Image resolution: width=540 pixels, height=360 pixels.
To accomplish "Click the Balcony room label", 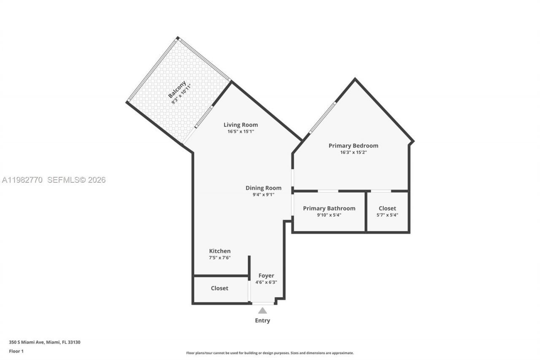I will (177, 89).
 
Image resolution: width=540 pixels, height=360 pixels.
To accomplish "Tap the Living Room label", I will (240, 125).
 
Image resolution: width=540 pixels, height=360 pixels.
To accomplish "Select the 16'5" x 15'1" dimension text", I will (240, 132).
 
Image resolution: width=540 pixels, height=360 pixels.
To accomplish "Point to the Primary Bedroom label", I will (353, 146).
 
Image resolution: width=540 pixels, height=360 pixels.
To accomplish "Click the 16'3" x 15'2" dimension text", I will (353, 152).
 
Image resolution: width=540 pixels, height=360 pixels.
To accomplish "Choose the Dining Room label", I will (263, 188).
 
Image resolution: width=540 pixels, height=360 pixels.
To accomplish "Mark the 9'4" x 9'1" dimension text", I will (263, 195).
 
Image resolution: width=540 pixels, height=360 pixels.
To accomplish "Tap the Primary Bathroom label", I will (329, 208).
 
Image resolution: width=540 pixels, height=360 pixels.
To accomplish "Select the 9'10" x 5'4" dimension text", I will (329, 215).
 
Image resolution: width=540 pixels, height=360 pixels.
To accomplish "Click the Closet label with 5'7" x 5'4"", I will (387, 208).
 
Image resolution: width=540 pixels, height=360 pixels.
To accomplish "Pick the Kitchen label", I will (220, 251).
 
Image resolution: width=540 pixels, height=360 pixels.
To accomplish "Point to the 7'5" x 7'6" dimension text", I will (220, 258).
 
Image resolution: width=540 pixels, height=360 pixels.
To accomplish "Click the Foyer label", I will (266, 276).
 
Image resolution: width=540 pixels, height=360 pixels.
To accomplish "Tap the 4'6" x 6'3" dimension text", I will (266, 283).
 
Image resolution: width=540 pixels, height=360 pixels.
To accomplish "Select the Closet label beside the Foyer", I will (219, 288).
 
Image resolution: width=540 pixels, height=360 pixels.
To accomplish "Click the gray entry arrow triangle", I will (262, 311).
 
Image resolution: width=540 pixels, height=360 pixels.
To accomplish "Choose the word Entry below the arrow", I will (262, 321).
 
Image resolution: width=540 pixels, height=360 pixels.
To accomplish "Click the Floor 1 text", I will (16, 351).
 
